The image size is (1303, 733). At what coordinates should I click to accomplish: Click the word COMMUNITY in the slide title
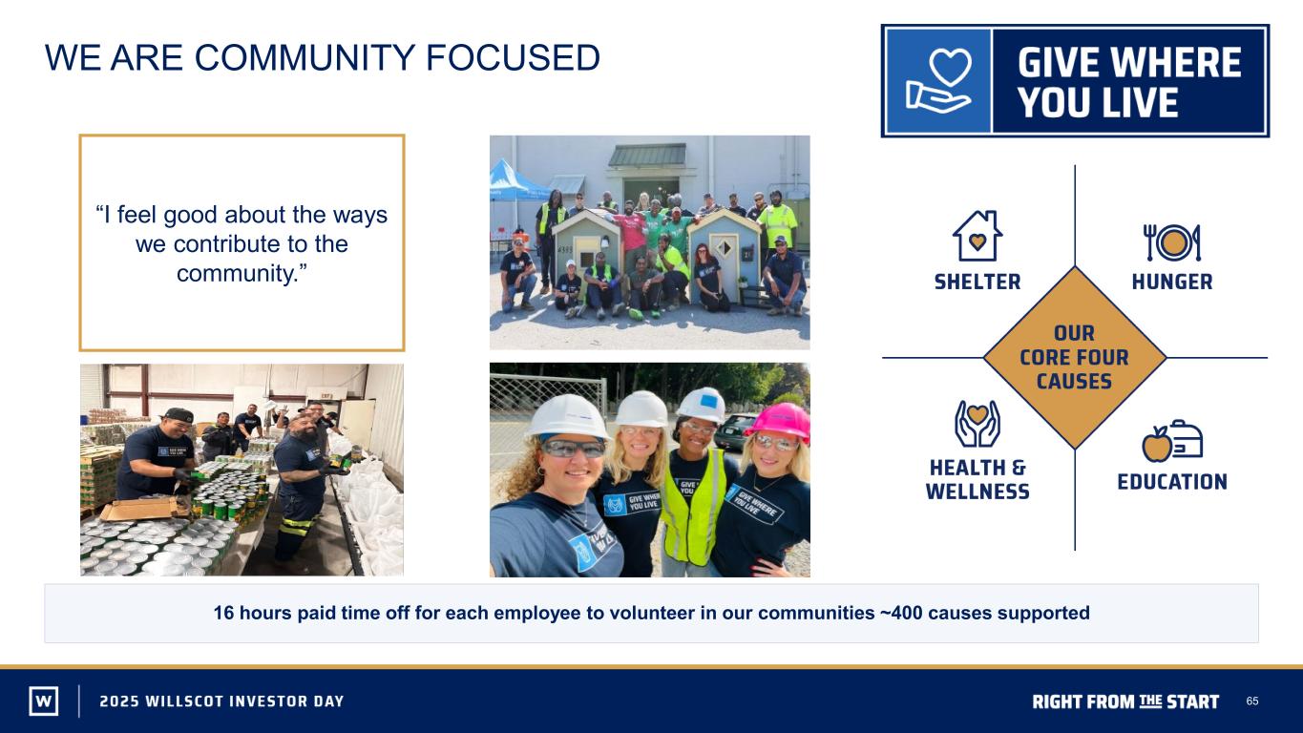point(304,57)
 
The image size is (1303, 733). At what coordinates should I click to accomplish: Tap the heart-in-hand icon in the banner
point(937,80)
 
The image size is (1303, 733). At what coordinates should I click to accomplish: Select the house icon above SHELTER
point(977,236)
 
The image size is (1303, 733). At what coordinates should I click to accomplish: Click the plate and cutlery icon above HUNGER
point(1172,242)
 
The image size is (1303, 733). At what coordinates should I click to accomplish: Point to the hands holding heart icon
point(977,424)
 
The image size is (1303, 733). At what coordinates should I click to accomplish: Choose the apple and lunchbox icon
point(1172,441)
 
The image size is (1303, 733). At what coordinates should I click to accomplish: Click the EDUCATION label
point(1172,482)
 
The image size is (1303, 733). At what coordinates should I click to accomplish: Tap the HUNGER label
point(1172,282)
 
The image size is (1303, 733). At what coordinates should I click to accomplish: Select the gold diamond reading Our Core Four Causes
point(1075,357)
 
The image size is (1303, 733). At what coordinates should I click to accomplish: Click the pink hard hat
point(780,420)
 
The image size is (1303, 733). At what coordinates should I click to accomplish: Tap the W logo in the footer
point(44,701)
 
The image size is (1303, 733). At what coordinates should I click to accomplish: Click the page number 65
point(1252,701)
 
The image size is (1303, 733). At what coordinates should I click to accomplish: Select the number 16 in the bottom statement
point(223,613)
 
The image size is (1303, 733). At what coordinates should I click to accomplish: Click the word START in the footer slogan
point(1192,702)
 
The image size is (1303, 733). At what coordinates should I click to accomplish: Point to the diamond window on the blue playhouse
point(724,248)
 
